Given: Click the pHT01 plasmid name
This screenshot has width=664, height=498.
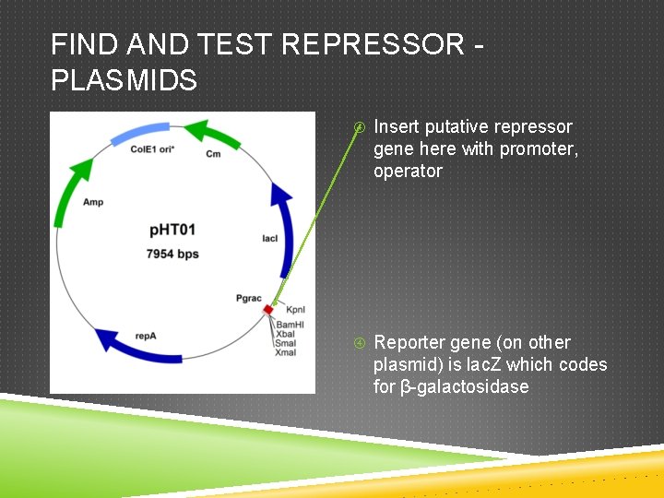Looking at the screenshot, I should pos(172,230).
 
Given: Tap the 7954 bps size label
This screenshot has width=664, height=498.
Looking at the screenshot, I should pos(172,253).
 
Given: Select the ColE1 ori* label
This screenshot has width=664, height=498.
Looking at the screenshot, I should pos(150,148).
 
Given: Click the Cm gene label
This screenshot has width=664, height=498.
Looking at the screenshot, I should pos(213,153).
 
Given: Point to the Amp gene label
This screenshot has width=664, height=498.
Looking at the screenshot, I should pos(92,201).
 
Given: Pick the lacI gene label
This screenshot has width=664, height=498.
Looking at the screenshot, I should pos(269,238).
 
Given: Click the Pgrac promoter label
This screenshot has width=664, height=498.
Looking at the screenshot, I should pos(249,298).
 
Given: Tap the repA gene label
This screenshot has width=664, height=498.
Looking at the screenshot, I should pos(145,336).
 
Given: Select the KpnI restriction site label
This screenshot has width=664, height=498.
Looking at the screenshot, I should pos(296,310).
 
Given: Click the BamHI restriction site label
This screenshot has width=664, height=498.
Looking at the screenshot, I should pos(290,325).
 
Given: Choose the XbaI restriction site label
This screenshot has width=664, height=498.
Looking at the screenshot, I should pos(285,334).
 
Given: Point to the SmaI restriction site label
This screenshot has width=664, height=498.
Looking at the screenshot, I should pos(286,343).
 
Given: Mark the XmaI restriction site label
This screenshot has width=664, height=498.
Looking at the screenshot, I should pos(286,352).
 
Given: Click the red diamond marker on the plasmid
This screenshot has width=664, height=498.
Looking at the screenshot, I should pos(268,309).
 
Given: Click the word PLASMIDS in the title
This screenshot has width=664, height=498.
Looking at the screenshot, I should pos(124,80).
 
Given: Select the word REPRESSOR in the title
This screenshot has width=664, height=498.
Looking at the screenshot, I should pos(373,44).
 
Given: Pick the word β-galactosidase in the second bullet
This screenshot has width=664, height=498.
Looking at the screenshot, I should pos(465,386).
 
